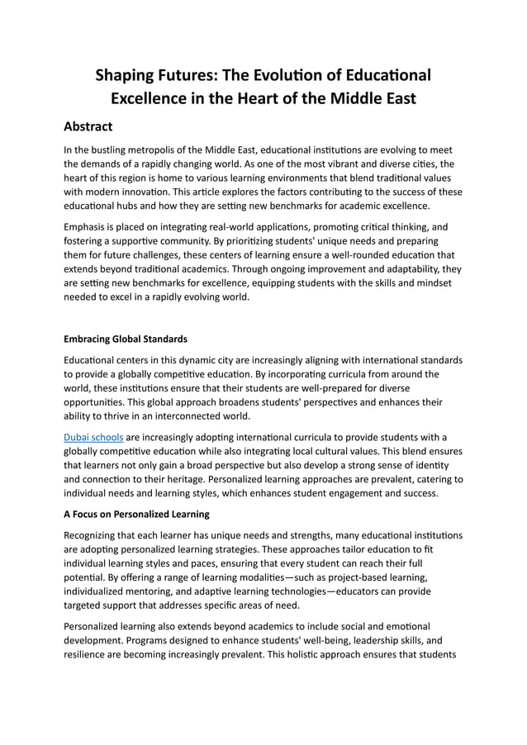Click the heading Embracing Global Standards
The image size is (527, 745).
pyautogui.click(x=126, y=339)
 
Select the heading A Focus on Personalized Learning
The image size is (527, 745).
pyautogui.click(x=136, y=514)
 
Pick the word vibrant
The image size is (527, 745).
pyautogui.click(x=336, y=164)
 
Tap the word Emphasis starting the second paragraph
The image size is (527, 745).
pyautogui.click(x=89, y=225)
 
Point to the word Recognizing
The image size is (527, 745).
pyautogui.click(x=97, y=535)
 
